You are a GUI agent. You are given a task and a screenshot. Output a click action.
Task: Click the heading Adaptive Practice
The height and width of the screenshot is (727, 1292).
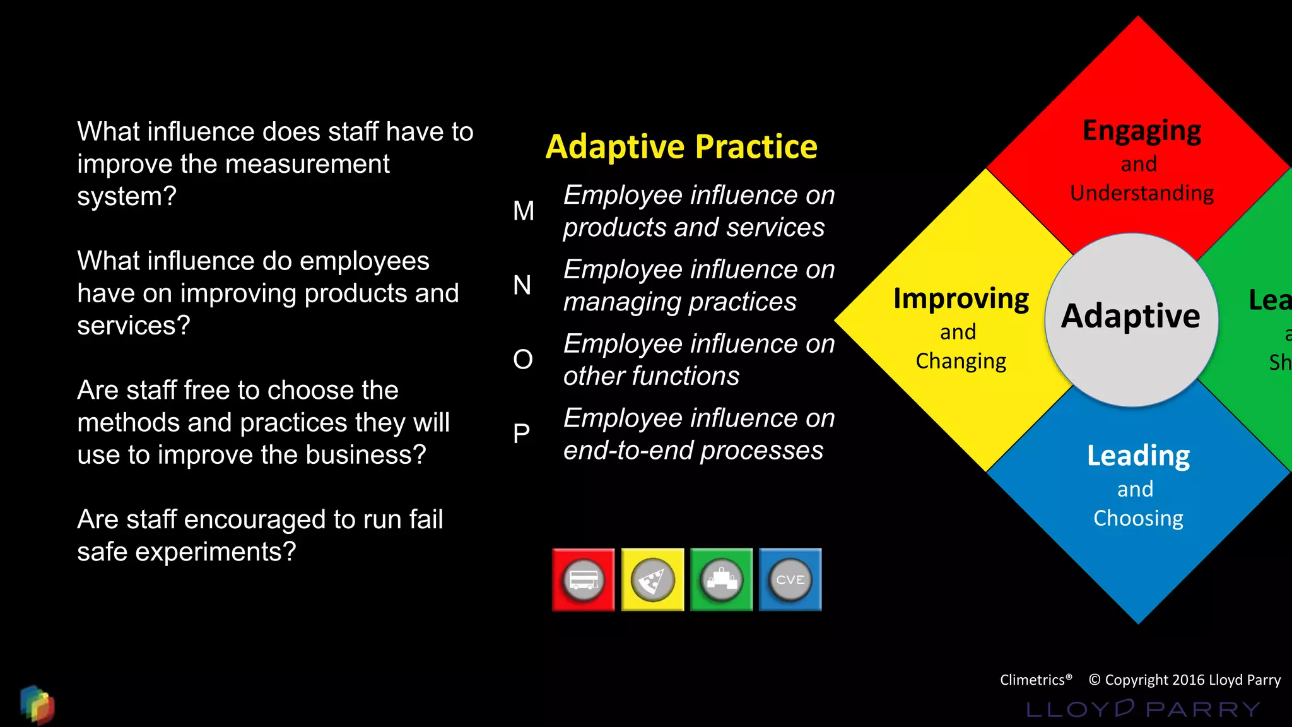[x=681, y=147]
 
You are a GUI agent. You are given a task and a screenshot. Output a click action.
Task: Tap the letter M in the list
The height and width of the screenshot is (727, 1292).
[x=524, y=211]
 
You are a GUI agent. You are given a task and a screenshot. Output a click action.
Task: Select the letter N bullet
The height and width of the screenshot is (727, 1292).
[x=522, y=285]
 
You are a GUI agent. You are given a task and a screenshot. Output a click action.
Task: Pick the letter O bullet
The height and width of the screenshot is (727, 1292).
[x=523, y=360]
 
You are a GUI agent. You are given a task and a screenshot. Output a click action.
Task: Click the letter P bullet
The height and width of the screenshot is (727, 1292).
[x=521, y=434]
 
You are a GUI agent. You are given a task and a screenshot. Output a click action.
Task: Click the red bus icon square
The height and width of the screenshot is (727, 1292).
[x=583, y=580]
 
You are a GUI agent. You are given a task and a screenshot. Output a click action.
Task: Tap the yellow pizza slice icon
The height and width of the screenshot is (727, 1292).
[x=652, y=580]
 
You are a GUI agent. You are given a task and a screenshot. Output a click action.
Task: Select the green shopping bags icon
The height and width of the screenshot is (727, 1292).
[x=722, y=580]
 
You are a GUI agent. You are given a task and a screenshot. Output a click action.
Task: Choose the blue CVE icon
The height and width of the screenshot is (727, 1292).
[x=790, y=580]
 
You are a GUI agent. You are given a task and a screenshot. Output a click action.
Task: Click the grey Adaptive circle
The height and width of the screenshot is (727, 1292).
[x=1131, y=320]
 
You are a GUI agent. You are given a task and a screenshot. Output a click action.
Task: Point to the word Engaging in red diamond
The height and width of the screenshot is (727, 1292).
[x=1142, y=131]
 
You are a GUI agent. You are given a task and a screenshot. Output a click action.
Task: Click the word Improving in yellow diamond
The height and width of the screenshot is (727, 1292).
[x=961, y=298]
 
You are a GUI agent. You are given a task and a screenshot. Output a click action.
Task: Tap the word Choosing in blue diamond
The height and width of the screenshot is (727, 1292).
[x=1138, y=518]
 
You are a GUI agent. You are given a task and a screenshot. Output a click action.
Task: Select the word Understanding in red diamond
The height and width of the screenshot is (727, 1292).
[x=1142, y=193]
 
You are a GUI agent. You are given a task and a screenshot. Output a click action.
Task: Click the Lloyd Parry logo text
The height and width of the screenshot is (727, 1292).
[x=1143, y=709]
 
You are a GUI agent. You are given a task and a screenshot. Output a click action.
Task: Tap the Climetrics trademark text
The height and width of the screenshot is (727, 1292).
[x=1035, y=680]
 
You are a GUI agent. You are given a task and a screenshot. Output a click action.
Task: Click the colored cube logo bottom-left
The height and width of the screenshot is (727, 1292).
[x=37, y=704]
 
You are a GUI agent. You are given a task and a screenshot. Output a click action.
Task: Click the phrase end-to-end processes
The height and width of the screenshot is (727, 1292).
[x=693, y=451]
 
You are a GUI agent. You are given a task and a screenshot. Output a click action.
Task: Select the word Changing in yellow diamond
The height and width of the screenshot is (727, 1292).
[x=961, y=361]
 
